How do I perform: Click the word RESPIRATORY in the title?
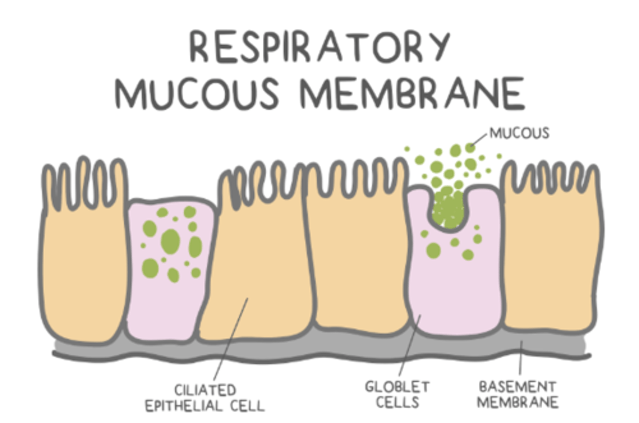(319, 47)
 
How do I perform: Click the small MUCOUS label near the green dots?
(519, 133)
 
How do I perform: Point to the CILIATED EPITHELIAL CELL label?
(205, 398)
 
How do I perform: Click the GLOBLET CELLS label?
(397, 394)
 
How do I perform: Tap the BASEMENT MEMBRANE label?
(517, 394)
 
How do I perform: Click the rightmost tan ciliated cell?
(550, 266)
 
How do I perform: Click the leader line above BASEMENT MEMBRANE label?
(521, 358)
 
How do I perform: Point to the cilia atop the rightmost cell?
(550, 178)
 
